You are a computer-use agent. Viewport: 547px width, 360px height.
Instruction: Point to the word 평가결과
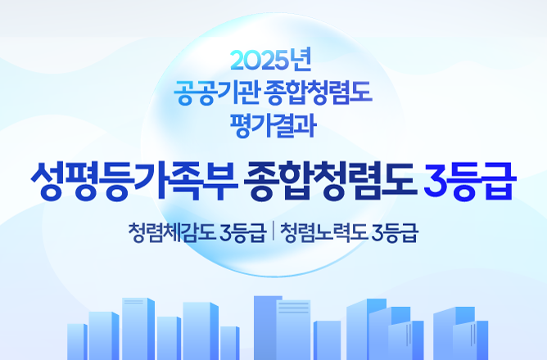point(273,125)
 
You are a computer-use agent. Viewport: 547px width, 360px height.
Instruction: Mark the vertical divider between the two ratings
point(273,232)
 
